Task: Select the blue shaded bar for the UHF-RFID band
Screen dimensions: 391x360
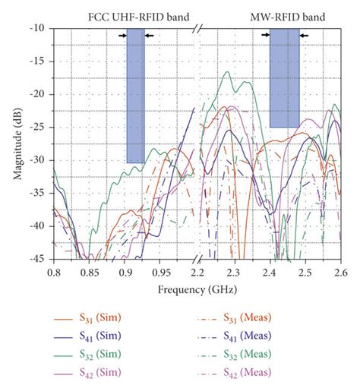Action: tap(135, 95)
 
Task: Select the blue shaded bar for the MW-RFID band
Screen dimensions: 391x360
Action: tap(284, 77)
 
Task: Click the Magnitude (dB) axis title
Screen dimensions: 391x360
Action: tap(16, 143)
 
